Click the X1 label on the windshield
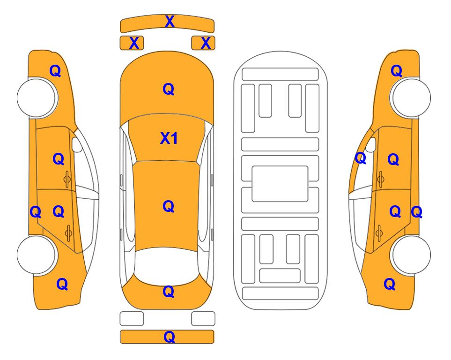(x=169, y=139)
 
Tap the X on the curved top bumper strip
(x=170, y=22)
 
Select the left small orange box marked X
(x=132, y=43)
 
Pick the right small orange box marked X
(x=203, y=43)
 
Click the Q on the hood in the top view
(x=169, y=89)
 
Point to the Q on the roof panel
(x=169, y=207)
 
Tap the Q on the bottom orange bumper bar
(x=169, y=337)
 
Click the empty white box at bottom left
(x=132, y=319)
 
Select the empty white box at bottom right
(x=203, y=319)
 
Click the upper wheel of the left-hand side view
(x=36, y=98)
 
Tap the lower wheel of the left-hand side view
(x=36, y=255)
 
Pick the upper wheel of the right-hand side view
(x=411, y=98)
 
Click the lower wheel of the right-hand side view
(x=411, y=255)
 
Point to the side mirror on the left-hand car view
(x=77, y=144)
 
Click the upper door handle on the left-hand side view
(x=67, y=180)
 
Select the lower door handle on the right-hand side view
(x=379, y=233)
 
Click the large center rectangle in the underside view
(x=280, y=184)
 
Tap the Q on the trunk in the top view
(x=169, y=292)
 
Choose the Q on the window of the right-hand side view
(x=361, y=158)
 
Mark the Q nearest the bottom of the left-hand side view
(x=62, y=284)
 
